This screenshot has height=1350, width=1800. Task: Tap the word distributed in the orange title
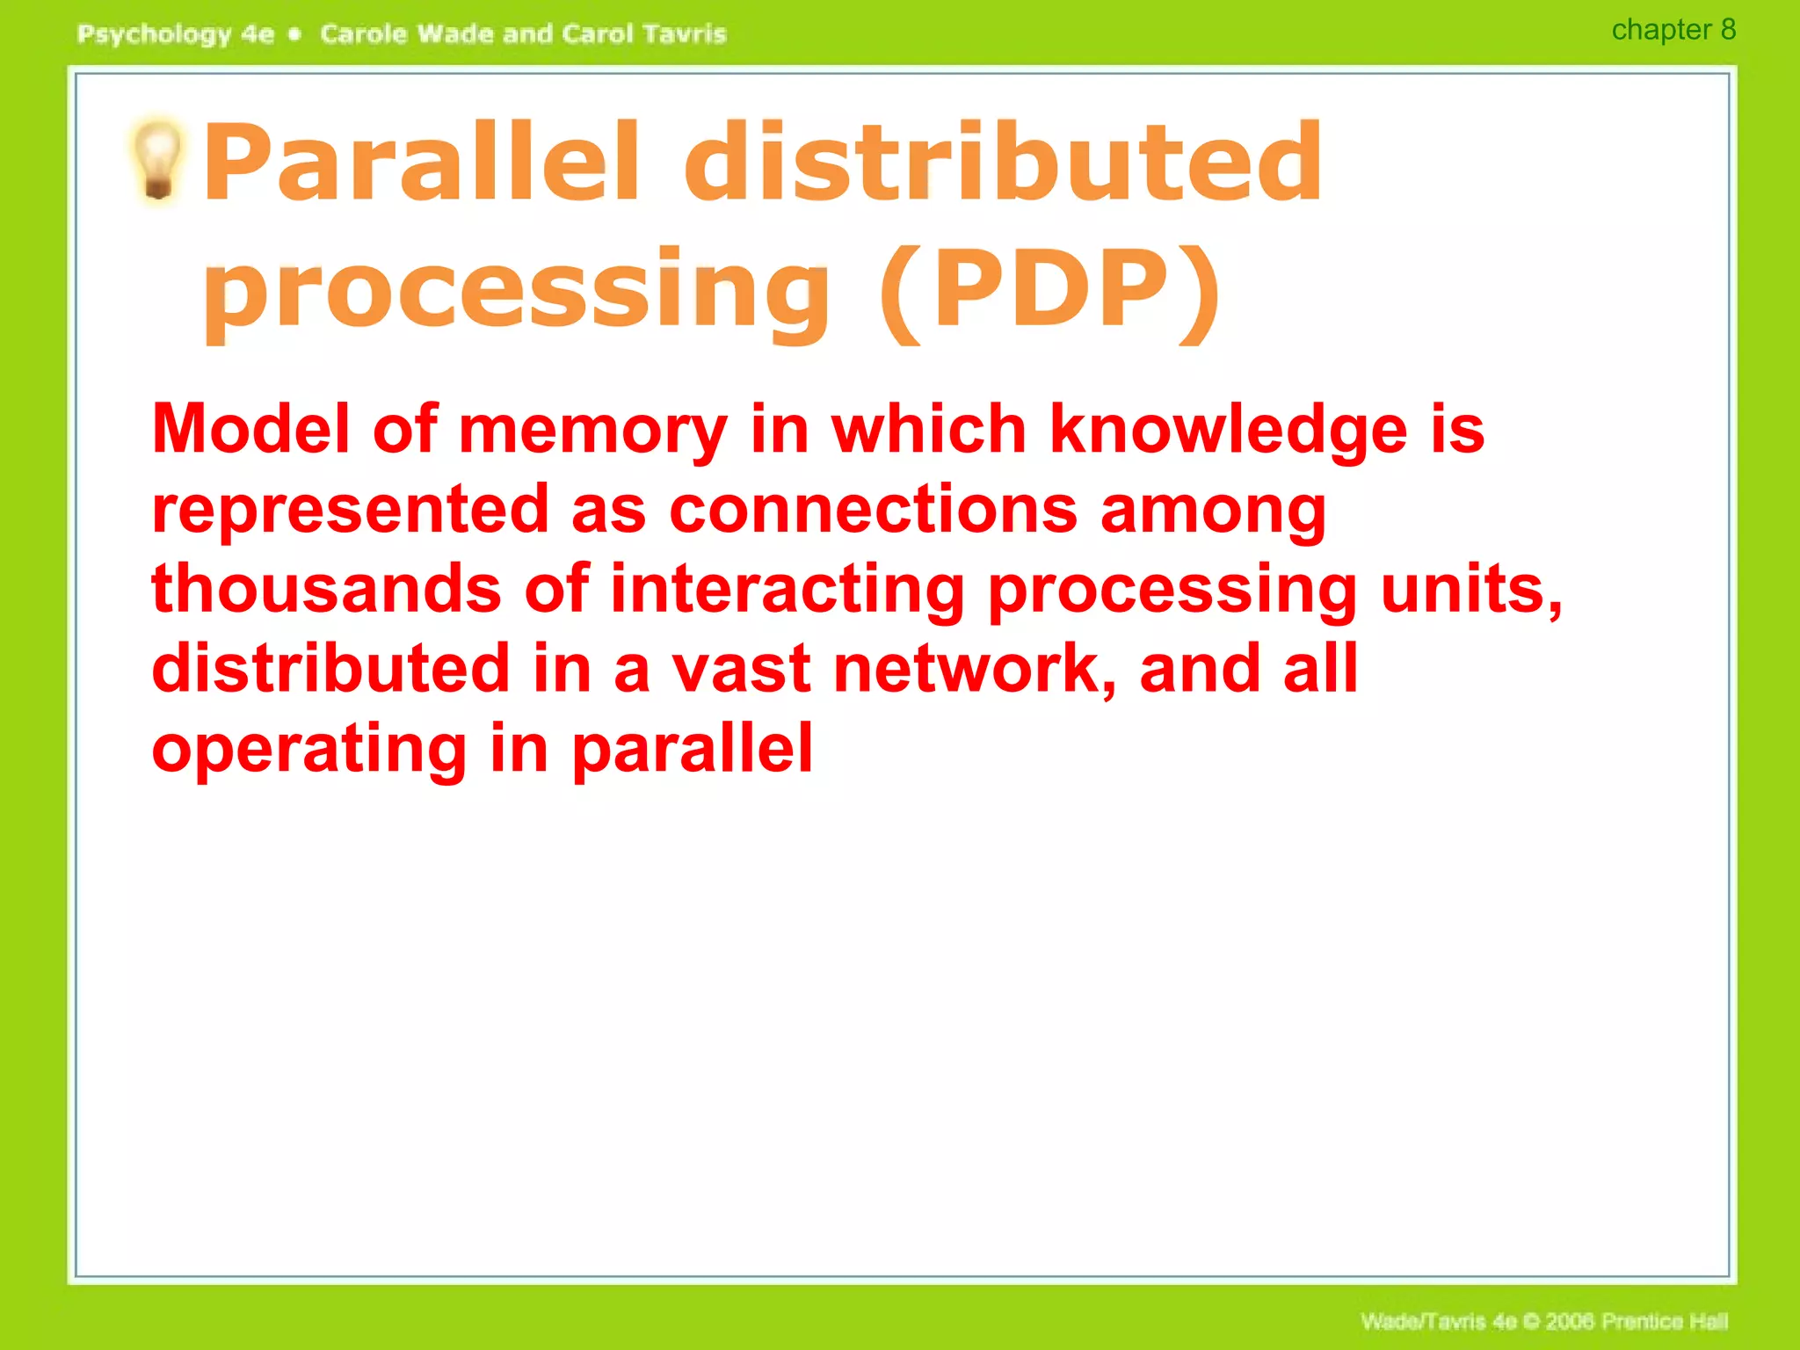pyautogui.click(x=1002, y=163)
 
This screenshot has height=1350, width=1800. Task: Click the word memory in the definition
pyautogui.click(x=592, y=431)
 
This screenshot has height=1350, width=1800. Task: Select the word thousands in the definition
pyautogui.click(x=326, y=589)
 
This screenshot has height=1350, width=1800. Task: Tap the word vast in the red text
pyautogui.click(x=741, y=669)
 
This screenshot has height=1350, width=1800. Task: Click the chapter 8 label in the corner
pyautogui.click(x=1673, y=31)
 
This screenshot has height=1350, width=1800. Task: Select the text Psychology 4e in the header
pyautogui.click(x=176, y=34)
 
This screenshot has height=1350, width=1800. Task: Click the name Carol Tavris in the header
pyautogui.click(x=643, y=34)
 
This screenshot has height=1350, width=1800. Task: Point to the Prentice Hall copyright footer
pyautogui.click(x=1543, y=1321)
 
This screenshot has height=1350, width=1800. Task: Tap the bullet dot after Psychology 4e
pyautogui.click(x=295, y=34)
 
